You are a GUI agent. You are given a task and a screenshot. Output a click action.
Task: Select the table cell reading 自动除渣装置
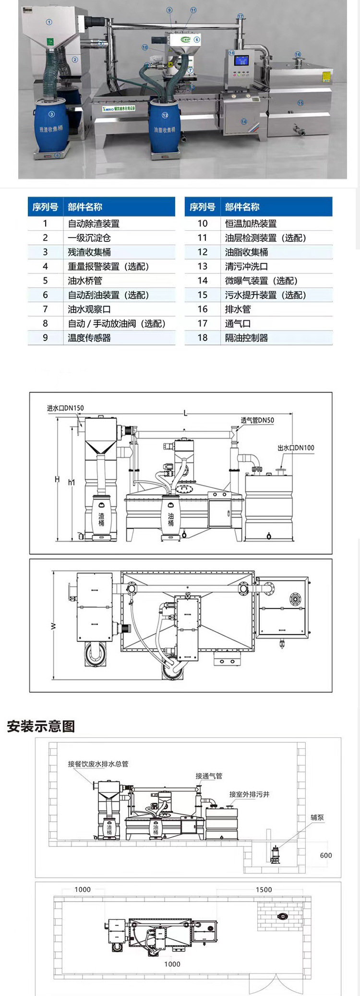click(x=94, y=224)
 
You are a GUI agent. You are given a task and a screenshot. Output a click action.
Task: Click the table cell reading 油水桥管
click(x=85, y=281)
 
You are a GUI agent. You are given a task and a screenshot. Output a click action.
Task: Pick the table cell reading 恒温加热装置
click(x=251, y=224)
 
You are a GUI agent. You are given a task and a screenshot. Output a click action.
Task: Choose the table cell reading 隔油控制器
click(x=246, y=338)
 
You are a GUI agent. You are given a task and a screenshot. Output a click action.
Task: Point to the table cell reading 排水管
click(x=238, y=309)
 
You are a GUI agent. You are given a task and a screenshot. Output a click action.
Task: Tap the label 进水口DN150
click(x=65, y=408)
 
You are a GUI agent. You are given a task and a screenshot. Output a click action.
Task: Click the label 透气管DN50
click(x=257, y=420)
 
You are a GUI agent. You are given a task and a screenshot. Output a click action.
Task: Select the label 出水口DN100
click(x=296, y=448)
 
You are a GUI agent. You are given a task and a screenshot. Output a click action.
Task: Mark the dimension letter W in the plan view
click(x=53, y=626)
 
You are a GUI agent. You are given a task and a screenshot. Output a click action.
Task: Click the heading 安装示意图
click(x=41, y=726)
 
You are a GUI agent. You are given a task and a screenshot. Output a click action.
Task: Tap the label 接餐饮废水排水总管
click(x=98, y=764)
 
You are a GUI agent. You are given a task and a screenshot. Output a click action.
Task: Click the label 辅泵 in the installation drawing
click(x=317, y=818)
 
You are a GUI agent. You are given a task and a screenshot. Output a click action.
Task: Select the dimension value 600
click(x=326, y=855)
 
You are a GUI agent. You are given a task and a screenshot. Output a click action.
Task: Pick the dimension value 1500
click(x=264, y=889)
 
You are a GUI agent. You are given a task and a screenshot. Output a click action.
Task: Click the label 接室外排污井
click(x=249, y=794)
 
